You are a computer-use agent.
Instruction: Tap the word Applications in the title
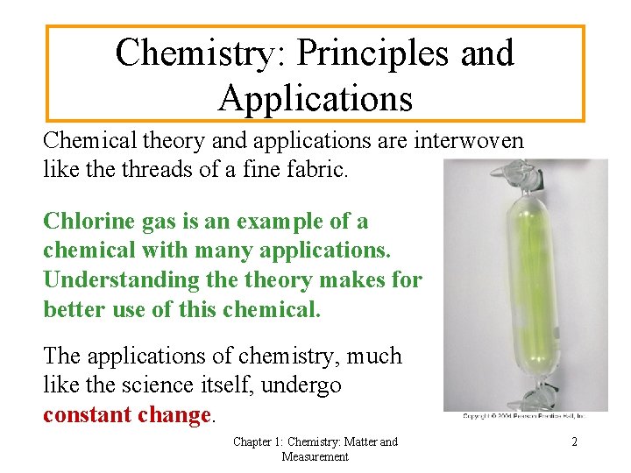315,97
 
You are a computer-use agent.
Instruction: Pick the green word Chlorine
86,221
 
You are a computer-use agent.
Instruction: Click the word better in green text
74,308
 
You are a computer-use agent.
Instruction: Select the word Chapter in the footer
255,442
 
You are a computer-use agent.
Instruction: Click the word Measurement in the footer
315,456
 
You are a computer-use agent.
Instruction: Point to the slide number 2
574,442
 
